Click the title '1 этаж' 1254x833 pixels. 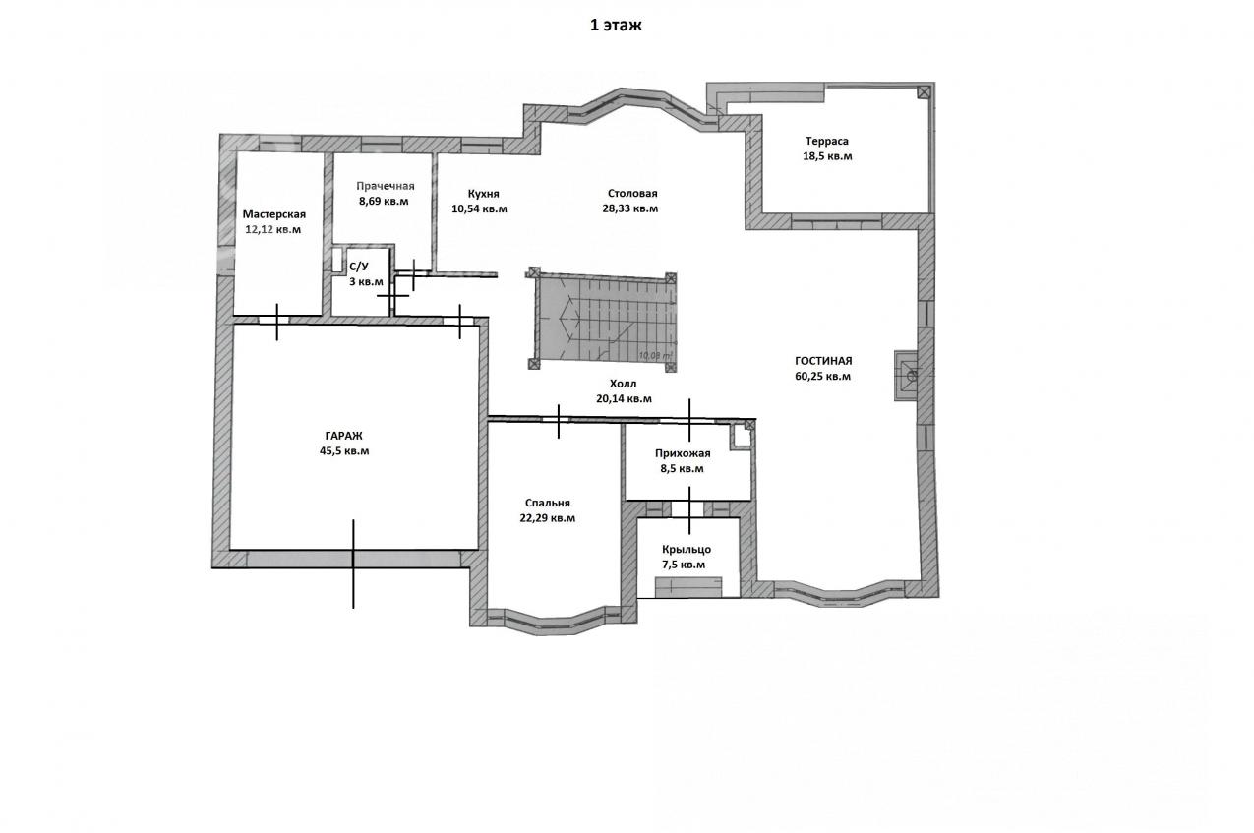coord(616,26)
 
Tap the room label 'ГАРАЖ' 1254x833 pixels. coord(343,436)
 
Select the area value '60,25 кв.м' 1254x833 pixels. coord(823,377)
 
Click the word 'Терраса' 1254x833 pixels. coord(827,141)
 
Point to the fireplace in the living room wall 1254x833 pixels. coord(906,375)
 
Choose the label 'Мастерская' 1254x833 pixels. coord(274,214)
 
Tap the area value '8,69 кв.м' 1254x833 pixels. coord(384,201)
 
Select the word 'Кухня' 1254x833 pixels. coord(484,194)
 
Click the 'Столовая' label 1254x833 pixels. coord(632,193)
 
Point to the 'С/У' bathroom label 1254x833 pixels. coord(359,267)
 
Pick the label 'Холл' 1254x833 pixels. coord(624,384)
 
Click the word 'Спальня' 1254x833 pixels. coord(548,504)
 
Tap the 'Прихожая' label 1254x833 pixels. coord(683,453)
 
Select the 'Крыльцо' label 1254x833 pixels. coord(687,549)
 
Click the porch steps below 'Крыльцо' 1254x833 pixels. coord(688,587)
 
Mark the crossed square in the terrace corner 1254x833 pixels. coord(924,91)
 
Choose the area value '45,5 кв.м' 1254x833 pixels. coord(344,451)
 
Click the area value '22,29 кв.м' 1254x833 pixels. coord(548,518)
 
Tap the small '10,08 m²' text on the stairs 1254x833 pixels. coord(655,354)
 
